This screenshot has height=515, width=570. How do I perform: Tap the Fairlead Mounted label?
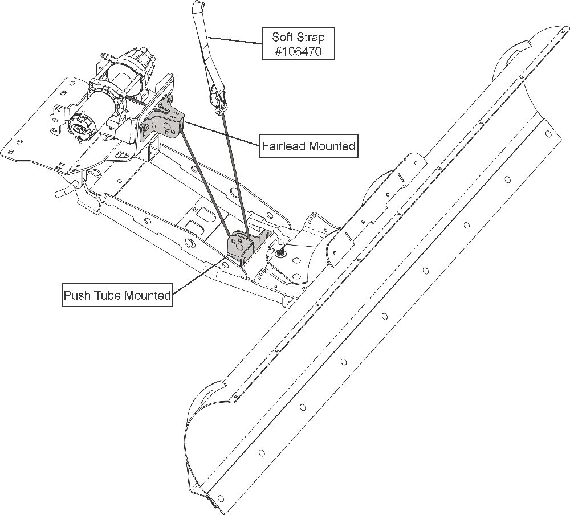(x=308, y=146)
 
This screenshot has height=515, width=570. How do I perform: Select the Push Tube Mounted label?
(x=117, y=296)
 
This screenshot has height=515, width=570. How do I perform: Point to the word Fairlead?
(x=284, y=146)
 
